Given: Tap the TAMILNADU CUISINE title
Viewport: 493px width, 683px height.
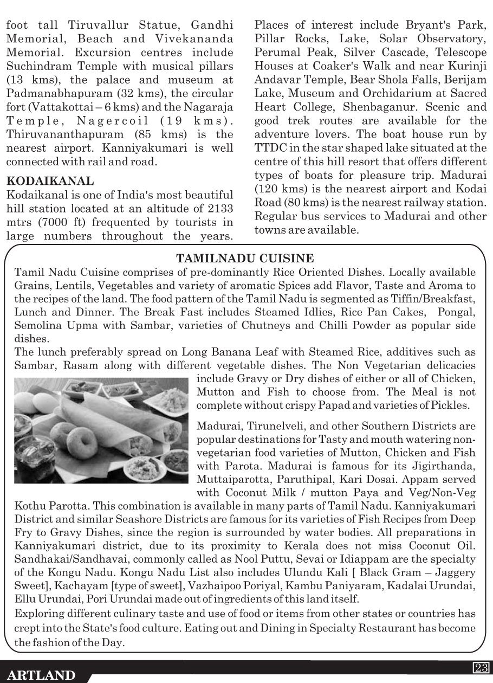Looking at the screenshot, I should pos(245,259).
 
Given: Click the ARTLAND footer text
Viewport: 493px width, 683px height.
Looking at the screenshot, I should pos(42,675).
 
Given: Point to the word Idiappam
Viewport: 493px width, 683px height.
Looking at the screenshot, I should pos(352,558).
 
